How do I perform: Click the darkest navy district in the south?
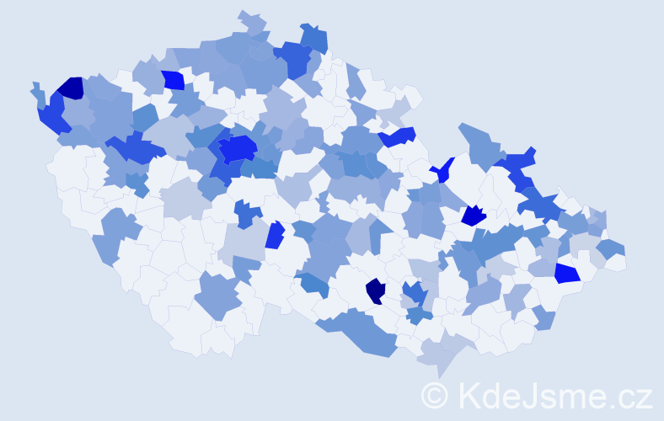[x=375, y=290]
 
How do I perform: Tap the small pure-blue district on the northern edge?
[x=173, y=80]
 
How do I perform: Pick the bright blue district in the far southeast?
[x=567, y=273]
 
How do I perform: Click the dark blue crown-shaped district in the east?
[x=474, y=216]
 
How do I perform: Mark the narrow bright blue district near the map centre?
[x=274, y=235]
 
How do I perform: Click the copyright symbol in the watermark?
[x=435, y=394]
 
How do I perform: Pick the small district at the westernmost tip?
[x=36, y=89]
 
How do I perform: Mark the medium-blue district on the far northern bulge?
[x=313, y=38]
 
